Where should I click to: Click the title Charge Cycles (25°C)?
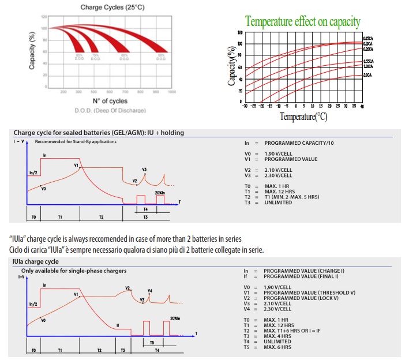pyautogui.click(x=104, y=6)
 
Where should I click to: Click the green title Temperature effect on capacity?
pyautogui.click(x=303, y=22)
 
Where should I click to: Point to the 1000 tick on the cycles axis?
pyautogui.click(x=171, y=92)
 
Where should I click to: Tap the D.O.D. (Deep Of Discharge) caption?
pyautogui.click(x=102, y=110)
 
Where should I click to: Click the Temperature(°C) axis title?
pyautogui.click(x=303, y=117)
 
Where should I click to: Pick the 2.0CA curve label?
pyautogui.click(x=367, y=75)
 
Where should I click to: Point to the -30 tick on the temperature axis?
pyautogui.click(x=245, y=107)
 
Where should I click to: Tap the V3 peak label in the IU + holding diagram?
pyautogui.click(x=144, y=169)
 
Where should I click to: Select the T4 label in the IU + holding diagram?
pyautogui.click(x=145, y=208)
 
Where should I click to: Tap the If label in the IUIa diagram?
pyautogui.click(x=118, y=325)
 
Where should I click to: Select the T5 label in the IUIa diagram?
pyautogui.click(x=152, y=342)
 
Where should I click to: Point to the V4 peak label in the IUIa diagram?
pyautogui.click(x=150, y=290)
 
